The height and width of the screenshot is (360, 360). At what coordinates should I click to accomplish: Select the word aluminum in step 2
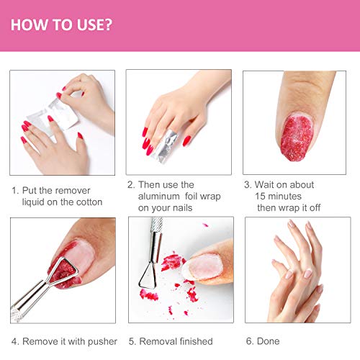[161, 197]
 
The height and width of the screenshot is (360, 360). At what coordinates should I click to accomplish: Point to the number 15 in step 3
[262, 197]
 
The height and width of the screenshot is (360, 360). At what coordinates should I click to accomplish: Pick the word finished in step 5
[192, 341]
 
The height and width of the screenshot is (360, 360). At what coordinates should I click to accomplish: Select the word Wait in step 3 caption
[266, 185]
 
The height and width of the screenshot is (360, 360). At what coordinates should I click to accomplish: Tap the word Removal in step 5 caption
[156, 341]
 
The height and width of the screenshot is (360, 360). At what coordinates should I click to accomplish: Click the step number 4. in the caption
[14, 341]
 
